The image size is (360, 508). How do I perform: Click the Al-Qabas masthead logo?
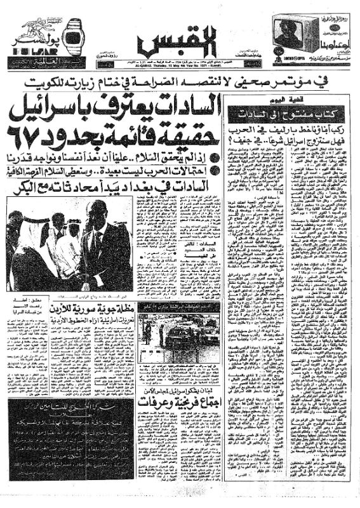coord(179,43)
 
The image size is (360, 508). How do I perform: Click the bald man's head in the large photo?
coord(96,213)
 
